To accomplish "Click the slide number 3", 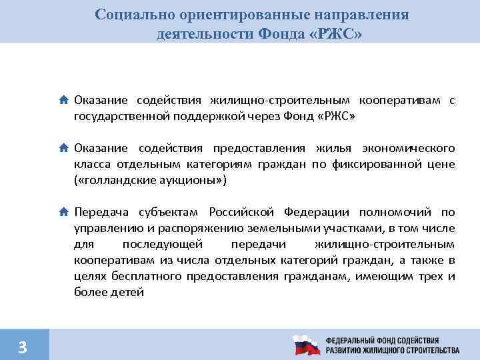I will (x=23, y=346).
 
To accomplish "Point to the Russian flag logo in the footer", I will (x=307, y=345).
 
